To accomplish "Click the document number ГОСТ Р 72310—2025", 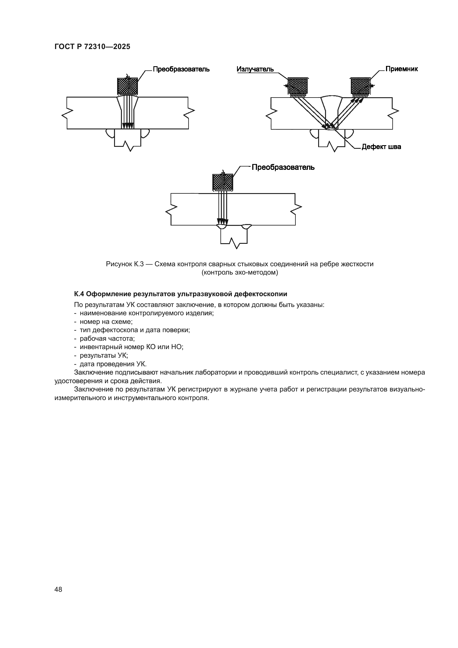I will tap(92, 47).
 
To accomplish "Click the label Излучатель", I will tap(255, 69).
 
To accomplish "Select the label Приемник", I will tap(402, 69).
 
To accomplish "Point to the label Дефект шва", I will tap(381, 147).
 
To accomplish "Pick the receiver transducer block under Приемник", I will tap(360, 86).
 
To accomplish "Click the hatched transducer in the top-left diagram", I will tap(127, 86).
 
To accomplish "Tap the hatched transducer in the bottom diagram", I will tap(223, 182).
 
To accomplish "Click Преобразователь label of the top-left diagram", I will tap(181, 69).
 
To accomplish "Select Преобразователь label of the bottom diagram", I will tap(283, 167).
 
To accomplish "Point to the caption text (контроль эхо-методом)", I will tap(240, 273).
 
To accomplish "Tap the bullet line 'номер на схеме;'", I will tap(106, 321).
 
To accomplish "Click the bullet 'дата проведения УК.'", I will tap(113, 364).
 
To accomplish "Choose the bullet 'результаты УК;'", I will tap(104, 355).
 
